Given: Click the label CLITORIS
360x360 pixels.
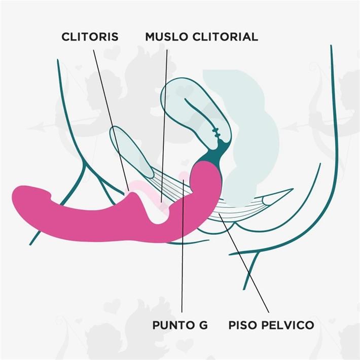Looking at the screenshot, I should coord(90,37).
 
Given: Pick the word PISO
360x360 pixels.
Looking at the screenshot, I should coord(243,325).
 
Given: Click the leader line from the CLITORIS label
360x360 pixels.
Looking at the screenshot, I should coord(109,117).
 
